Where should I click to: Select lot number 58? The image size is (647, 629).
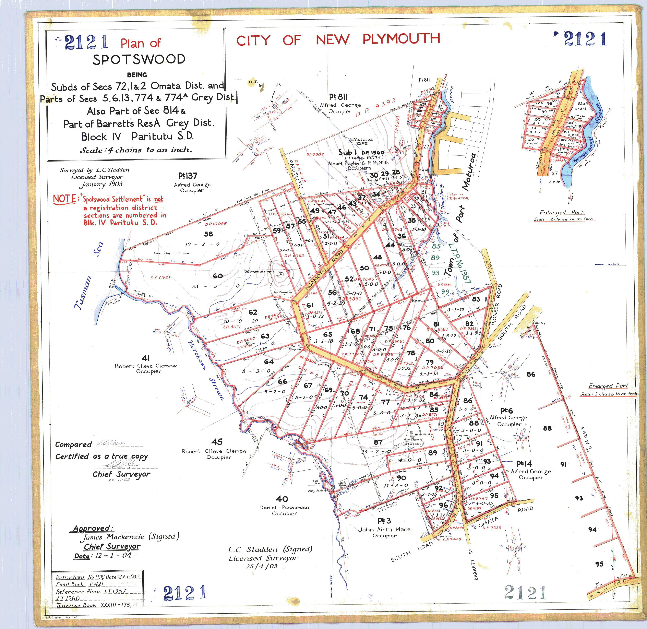click(208, 234)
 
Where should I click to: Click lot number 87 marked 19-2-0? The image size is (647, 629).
click(378, 442)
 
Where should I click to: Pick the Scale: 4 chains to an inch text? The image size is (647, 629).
click(136, 150)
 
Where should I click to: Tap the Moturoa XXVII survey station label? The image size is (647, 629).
click(362, 141)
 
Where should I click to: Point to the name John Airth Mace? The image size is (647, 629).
click(384, 529)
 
